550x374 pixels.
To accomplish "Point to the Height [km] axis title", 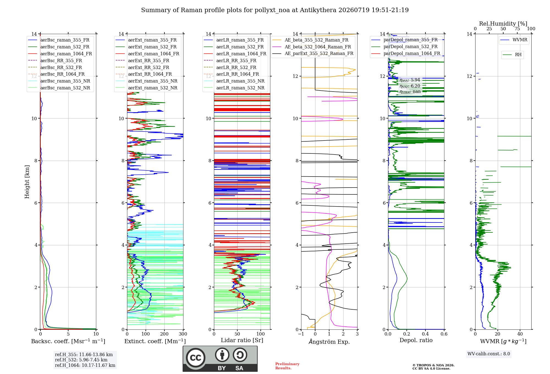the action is coord(27,182).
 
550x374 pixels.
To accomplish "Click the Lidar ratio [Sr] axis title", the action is coord(242,340).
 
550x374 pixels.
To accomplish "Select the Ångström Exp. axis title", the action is coord(329,342).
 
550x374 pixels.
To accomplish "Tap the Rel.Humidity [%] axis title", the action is coord(503,24).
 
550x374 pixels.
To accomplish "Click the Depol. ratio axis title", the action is coord(416,340).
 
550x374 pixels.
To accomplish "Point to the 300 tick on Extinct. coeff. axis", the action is coord(183,334).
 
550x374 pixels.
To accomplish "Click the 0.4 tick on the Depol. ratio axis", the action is coord(425,334).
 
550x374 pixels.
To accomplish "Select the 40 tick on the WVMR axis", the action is coord(520,334).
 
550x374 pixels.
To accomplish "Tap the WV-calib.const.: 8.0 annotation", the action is coord(489,354).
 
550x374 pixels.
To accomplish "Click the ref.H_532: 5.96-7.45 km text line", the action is coord(81,360).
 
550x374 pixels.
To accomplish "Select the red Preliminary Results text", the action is coord(287,366).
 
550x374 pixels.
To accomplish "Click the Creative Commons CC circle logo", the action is coord(196,358).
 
